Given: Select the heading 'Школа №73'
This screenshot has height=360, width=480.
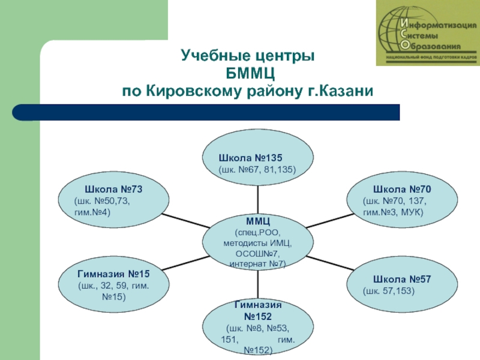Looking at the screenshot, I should (113, 188).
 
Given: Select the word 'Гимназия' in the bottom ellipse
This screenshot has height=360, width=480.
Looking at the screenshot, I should (257, 305).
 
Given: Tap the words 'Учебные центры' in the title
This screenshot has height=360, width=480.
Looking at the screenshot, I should (248, 58).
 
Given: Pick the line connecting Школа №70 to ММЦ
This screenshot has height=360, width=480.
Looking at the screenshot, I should (327, 220).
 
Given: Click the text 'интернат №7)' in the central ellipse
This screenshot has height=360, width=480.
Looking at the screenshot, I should (257, 263).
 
